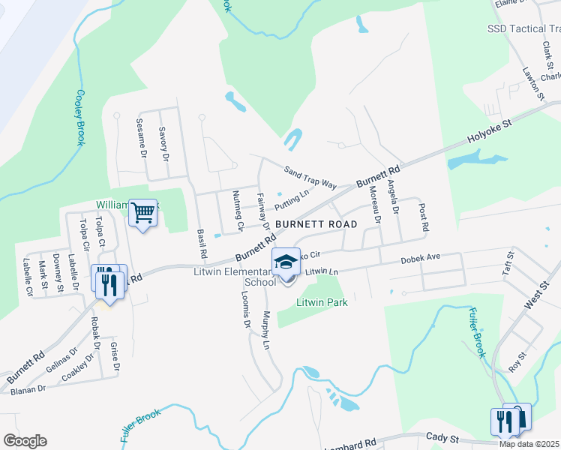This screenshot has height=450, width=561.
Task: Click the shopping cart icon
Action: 142,213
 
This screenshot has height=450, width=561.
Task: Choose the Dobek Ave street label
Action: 420,257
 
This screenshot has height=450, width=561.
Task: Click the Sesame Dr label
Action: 141,137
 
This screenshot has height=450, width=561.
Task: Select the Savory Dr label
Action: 163,144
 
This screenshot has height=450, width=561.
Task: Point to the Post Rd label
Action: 424,217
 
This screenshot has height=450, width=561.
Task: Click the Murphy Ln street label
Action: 265,330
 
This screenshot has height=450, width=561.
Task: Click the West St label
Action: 533,292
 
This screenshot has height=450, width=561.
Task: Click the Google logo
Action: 25,441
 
